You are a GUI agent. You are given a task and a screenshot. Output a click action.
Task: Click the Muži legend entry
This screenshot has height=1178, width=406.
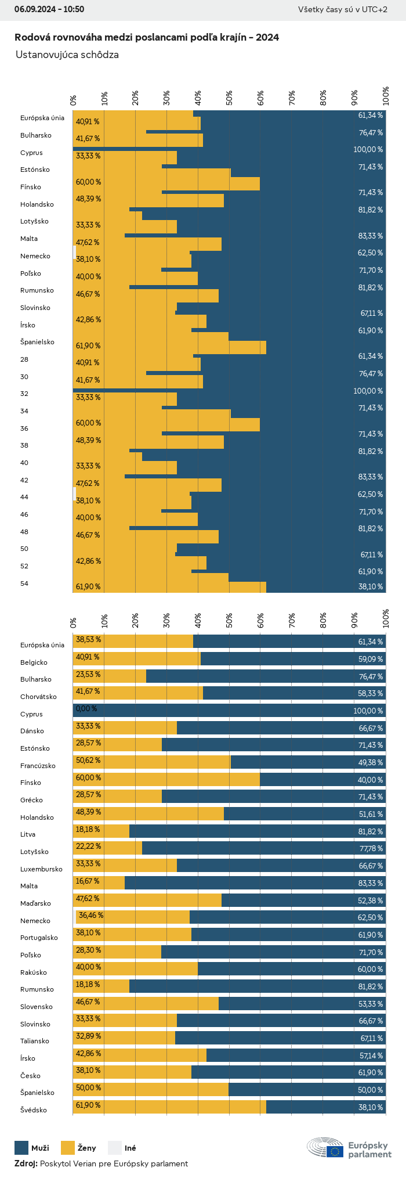(32, 1148)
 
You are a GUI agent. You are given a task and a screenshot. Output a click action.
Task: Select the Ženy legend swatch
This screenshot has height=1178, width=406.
(68, 1148)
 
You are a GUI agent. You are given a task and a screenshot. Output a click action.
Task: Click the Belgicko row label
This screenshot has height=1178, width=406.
(34, 662)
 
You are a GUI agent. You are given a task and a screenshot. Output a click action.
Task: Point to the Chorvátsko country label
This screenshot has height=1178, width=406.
(38, 697)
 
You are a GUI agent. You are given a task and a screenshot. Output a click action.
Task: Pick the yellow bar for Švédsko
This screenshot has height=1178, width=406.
(169, 1107)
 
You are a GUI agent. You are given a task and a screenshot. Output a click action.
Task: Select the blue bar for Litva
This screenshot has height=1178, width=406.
(257, 831)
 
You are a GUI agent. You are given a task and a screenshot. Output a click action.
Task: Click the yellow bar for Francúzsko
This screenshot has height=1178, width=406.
(152, 762)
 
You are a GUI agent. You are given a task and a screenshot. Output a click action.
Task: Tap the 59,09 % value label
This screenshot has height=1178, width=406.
(371, 660)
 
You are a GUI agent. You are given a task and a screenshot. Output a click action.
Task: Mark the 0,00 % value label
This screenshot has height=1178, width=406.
(86, 709)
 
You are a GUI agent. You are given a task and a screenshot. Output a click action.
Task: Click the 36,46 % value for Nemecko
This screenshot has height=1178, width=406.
(91, 916)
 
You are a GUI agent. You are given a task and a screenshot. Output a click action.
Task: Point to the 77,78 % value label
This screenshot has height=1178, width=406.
(371, 849)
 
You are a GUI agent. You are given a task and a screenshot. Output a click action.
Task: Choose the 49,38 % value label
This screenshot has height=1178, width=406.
(371, 763)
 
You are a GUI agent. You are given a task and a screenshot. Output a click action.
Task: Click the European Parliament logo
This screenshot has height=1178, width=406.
(349, 1148)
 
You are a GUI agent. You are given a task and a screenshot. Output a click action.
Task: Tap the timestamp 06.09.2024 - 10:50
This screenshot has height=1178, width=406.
(49, 9)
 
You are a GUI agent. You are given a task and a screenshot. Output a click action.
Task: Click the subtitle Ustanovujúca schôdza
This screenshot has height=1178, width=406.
(67, 55)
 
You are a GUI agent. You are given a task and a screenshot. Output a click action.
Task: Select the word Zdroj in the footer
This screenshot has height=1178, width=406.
(26, 1163)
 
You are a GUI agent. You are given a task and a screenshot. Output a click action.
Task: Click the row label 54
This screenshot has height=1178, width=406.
(24, 583)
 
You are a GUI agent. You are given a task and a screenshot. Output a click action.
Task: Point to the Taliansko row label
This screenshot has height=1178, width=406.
(35, 1041)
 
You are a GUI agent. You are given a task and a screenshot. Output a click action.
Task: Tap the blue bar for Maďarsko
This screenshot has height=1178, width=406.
(303, 900)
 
